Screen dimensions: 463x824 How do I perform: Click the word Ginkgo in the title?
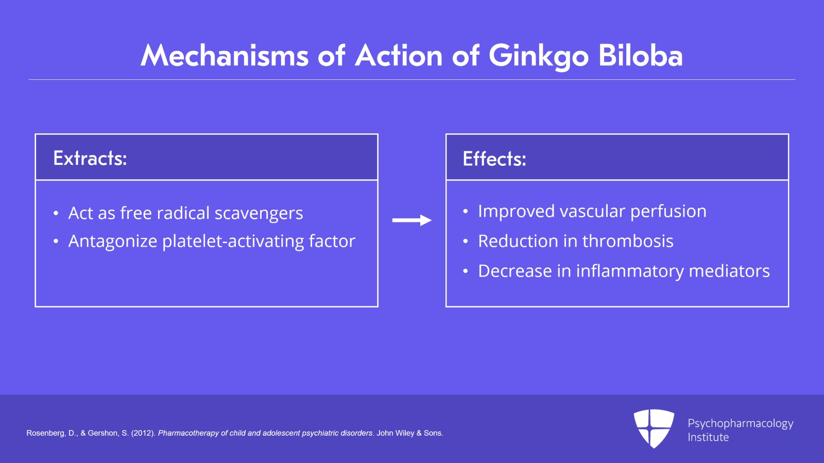coord(538,56)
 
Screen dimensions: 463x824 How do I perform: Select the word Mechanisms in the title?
coord(225,55)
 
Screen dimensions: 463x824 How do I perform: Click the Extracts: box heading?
coord(90,158)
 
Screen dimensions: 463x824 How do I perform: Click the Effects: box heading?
coord(494,159)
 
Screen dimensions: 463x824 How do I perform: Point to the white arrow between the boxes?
coord(411,220)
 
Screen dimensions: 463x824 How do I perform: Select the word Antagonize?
coord(113,241)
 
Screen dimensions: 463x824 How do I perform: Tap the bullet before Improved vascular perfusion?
coord(466,212)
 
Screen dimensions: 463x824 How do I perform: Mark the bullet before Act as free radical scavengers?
coord(56,214)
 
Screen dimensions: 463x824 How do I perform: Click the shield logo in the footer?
coord(654,428)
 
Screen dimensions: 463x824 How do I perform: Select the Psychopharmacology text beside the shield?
coord(740,423)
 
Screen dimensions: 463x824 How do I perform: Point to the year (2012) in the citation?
coord(143,433)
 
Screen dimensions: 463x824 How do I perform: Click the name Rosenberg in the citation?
coord(45,433)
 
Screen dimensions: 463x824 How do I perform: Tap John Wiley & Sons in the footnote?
coord(409,433)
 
